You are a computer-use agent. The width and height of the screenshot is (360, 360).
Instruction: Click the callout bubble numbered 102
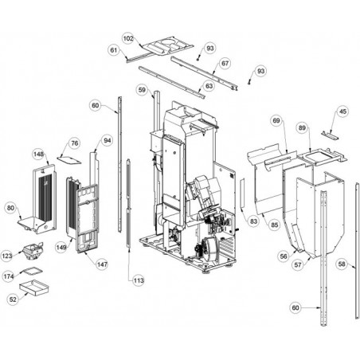128,38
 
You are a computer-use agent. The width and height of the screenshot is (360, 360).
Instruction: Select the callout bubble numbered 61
114,50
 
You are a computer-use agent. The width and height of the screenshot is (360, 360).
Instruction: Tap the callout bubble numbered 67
225,64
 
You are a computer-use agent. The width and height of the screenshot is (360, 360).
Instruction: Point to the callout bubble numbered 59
142,90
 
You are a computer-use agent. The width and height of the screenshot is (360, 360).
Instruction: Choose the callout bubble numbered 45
343,112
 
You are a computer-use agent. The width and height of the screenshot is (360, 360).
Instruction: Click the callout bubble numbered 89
302,128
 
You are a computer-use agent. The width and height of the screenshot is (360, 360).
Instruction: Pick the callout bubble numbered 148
38,155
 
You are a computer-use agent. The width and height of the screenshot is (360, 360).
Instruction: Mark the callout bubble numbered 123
7,256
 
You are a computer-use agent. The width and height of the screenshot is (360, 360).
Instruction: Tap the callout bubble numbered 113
139,280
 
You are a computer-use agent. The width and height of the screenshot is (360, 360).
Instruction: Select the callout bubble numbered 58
342,264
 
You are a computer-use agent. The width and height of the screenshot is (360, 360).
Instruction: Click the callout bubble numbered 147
102,264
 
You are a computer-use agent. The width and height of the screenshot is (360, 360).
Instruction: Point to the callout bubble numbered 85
275,225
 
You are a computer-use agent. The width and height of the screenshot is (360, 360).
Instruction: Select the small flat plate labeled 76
69,160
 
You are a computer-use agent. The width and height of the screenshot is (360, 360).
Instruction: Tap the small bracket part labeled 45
330,135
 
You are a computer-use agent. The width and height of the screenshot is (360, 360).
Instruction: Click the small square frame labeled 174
32,271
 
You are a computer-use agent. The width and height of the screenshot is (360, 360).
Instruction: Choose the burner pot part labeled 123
33,252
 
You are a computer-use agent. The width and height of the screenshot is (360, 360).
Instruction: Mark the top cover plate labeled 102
167,46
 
